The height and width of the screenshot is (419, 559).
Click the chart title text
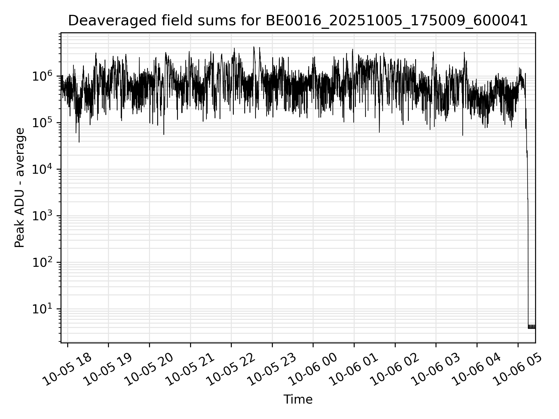pyautogui.click(x=298, y=21)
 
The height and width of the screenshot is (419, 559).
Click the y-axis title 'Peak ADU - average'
pyautogui.click(x=20, y=188)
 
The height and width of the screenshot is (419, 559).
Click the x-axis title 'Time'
pyautogui.click(x=298, y=400)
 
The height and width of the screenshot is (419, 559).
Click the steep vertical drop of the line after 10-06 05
pyautogui.click(x=528, y=233)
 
